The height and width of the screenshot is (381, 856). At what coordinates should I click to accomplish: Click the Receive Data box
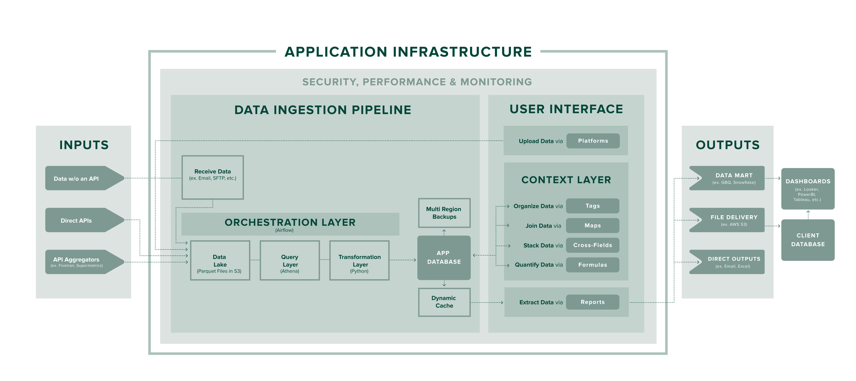[213, 177]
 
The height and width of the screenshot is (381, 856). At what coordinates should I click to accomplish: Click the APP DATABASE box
[444, 258]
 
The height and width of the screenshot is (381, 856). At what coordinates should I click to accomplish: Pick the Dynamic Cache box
[444, 302]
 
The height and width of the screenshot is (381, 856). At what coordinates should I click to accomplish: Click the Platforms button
[593, 141]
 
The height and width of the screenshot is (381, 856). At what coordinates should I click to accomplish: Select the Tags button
[592, 206]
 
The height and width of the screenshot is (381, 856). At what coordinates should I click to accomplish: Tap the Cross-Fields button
[592, 245]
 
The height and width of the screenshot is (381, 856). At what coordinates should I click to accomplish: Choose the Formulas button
[592, 265]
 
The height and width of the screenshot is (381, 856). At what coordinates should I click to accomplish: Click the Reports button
[592, 302]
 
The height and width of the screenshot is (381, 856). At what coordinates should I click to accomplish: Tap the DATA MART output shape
[731, 178]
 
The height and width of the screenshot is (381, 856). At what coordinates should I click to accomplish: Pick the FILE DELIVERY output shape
[731, 220]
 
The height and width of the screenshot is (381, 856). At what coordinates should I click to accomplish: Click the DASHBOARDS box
[808, 189]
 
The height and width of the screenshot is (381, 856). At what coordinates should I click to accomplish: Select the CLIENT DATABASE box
[808, 240]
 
